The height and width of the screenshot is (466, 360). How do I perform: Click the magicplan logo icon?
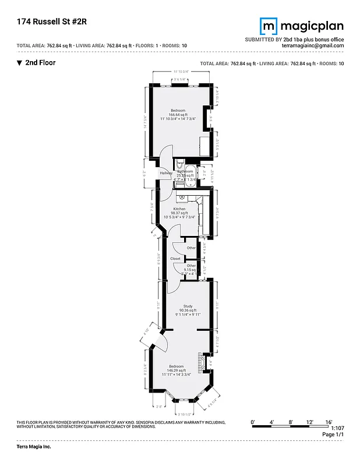pyautogui.click(x=268, y=26)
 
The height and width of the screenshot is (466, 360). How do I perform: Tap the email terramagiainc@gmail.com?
pyautogui.click(x=312, y=45)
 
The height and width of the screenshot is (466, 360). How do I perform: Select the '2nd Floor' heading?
pyautogui.click(x=40, y=62)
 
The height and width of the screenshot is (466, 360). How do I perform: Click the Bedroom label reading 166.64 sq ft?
pyautogui.click(x=178, y=114)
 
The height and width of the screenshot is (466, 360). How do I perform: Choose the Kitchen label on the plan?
pyautogui.click(x=179, y=209)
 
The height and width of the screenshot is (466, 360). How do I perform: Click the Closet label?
pyautogui.click(x=175, y=258)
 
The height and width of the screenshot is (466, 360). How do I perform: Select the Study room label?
pyautogui.click(x=188, y=306)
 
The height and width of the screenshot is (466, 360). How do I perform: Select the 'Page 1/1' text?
pyautogui.click(x=333, y=435)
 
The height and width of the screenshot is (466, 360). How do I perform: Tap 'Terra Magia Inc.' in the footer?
pyautogui.click(x=34, y=447)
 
